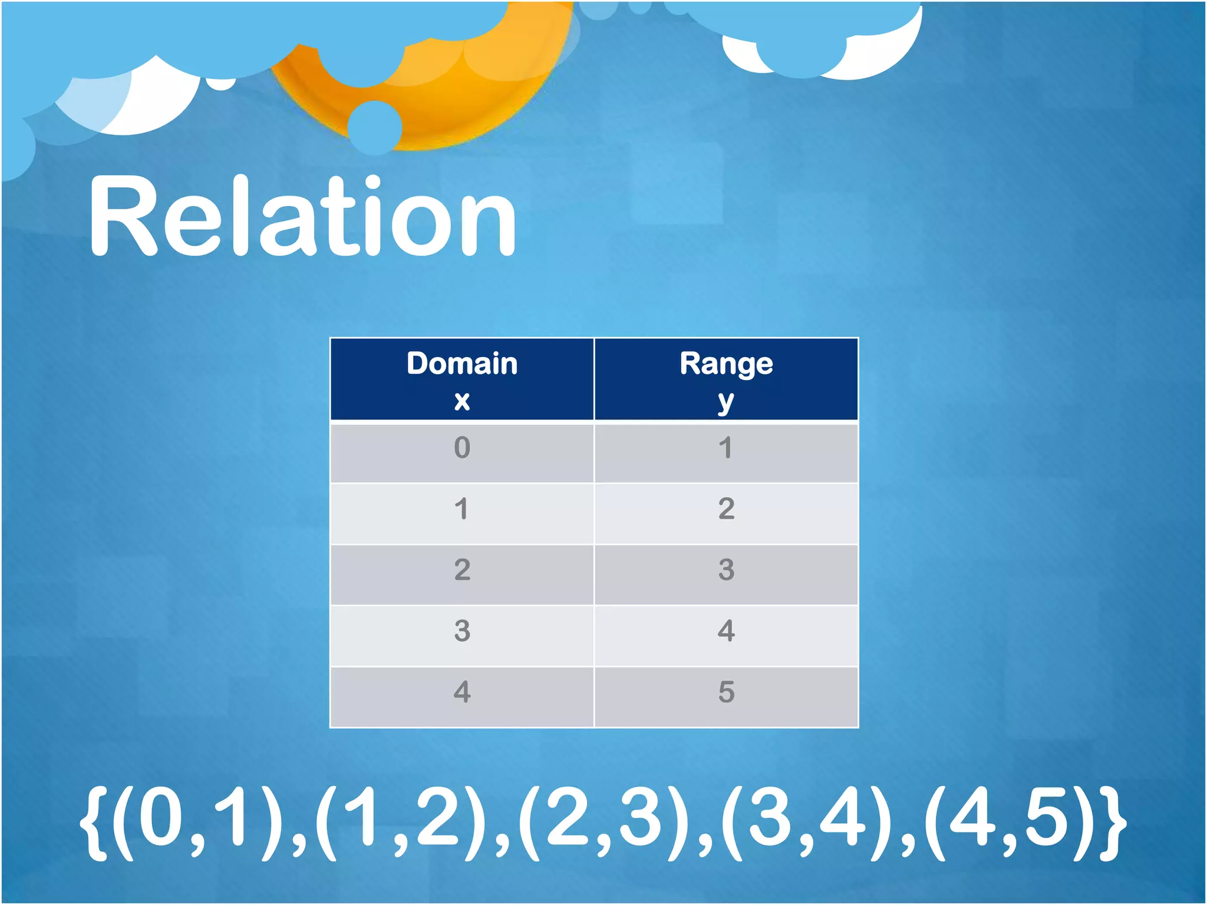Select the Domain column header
click(462, 379)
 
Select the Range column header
click(726, 379)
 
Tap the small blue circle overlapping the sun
click(375, 127)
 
